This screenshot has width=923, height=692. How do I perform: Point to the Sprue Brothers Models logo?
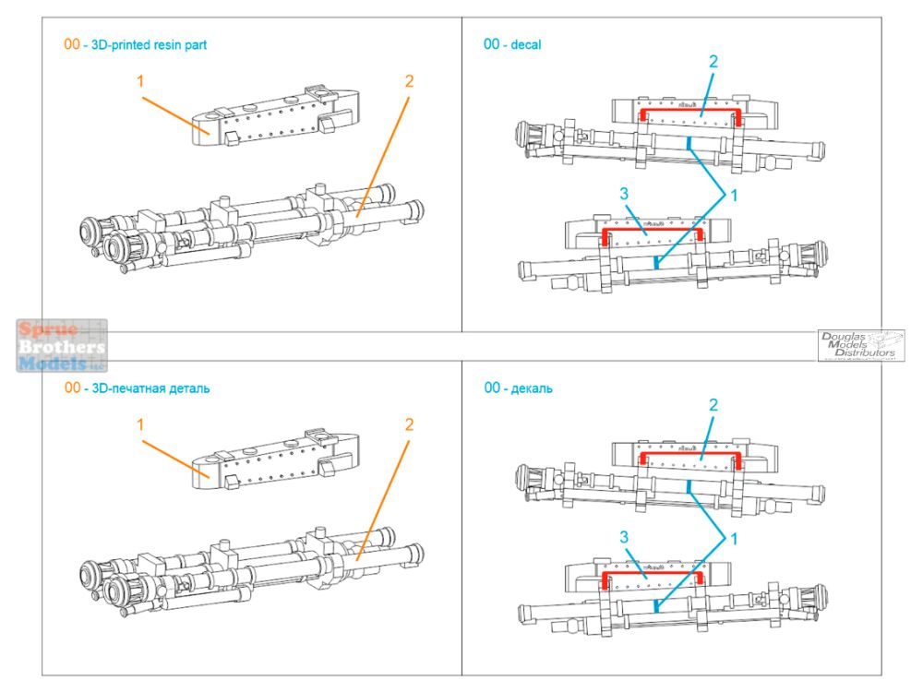tap(62, 346)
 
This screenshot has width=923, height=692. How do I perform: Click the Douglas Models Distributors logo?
tap(860, 346)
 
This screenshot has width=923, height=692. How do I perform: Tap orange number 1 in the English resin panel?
tap(140, 82)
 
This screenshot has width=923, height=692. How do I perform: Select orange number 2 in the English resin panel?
tap(408, 81)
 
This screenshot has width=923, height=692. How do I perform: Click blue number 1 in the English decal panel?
tap(735, 195)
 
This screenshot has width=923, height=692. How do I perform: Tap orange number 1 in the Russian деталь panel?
tap(140, 425)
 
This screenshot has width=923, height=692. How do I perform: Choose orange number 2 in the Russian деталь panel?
tap(408, 424)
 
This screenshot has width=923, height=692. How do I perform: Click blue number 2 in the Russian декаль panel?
tap(713, 405)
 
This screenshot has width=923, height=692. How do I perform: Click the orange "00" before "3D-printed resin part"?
tap(71, 44)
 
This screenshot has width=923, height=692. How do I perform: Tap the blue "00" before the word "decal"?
tap(493, 44)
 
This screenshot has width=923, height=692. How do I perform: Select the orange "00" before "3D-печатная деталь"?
tap(71, 388)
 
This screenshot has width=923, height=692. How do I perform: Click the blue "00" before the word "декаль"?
tap(493, 388)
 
